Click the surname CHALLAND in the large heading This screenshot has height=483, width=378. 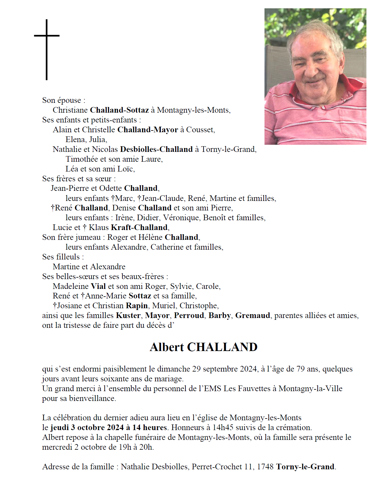point(222,347)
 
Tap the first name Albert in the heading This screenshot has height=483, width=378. point(167,347)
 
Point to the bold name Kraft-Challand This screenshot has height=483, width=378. point(139,227)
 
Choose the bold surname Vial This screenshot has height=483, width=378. point(98,286)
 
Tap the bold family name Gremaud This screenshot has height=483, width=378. point(253,315)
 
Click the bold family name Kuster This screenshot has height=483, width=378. point(128,315)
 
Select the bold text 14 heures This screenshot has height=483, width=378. point(149,427)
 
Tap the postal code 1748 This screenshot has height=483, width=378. point(265,467)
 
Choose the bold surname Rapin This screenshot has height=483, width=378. point(137,306)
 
